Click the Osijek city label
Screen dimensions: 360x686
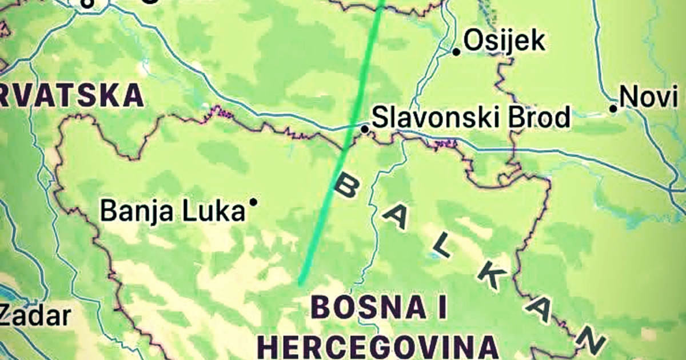504,41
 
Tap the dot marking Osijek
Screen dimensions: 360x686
456,52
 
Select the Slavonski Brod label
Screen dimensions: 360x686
471,117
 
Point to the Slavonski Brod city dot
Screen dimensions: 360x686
365,130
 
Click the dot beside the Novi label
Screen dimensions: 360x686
613,108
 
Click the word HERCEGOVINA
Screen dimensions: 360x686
378,345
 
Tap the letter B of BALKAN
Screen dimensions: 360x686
346,186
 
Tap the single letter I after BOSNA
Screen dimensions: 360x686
440,308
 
